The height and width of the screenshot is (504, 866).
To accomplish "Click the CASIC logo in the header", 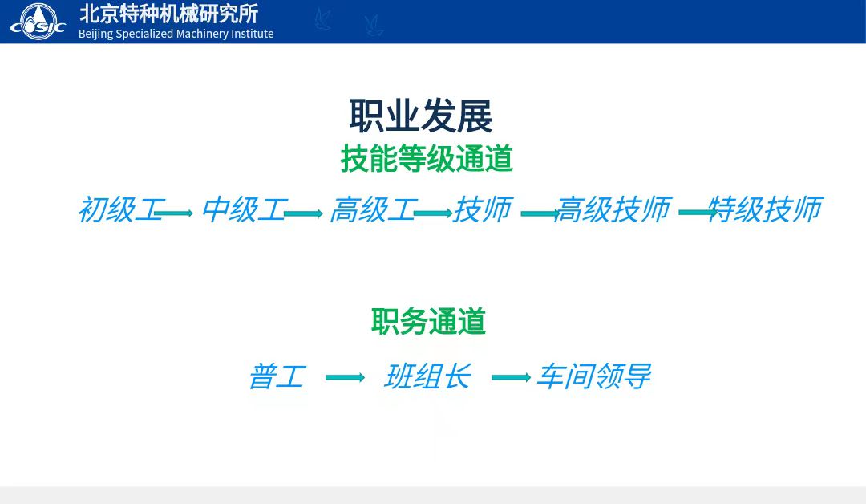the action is tap(38, 22).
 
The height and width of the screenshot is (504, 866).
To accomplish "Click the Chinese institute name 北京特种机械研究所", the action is tap(168, 14).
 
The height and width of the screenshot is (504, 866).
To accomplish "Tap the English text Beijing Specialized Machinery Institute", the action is tap(176, 34).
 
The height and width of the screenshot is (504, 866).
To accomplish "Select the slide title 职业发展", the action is tap(420, 116).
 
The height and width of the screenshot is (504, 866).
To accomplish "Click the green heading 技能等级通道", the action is tap(427, 159).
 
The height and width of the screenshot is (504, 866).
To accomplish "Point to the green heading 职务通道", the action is tap(428, 321).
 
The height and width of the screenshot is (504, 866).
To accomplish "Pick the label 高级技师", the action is tap(614, 210).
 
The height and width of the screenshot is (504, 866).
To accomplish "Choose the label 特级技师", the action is tap(766, 210).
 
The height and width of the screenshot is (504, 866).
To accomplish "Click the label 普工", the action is tap(277, 377).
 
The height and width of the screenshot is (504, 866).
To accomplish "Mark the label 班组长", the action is tap(428, 377).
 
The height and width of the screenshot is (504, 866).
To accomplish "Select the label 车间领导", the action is tap(594, 377).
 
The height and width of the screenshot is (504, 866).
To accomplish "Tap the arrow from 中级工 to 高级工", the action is tap(303, 213).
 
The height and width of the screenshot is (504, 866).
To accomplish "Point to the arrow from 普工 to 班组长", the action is tap(345, 377).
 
